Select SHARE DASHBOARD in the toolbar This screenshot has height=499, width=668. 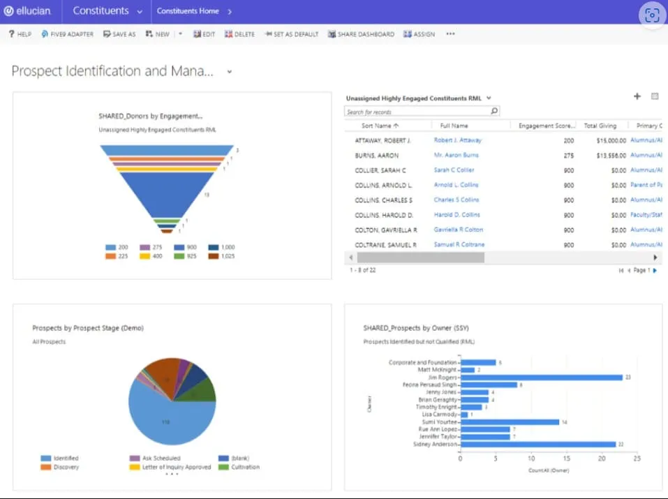click(x=361, y=34)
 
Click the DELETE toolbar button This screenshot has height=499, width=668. click(x=239, y=34)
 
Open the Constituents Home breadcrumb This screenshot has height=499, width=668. click(x=187, y=11)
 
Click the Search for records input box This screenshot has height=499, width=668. click(x=417, y=112)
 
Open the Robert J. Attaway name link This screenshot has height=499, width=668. click(x=457, y=140)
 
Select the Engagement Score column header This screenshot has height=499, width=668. click(x=546, y=126)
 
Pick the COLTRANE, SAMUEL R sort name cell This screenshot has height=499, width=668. click(x=385, y=245)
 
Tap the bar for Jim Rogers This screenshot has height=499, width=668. click(x=541, y=378)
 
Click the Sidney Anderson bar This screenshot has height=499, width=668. click(x=537, y=444)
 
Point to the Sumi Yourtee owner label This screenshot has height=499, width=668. click(x=438, y=422)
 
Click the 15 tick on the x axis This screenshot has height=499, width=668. click(x=567, y=459)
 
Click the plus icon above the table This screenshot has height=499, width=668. click(x=637, y=97)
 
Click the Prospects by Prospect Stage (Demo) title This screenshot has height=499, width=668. click(x=88, y=328)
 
